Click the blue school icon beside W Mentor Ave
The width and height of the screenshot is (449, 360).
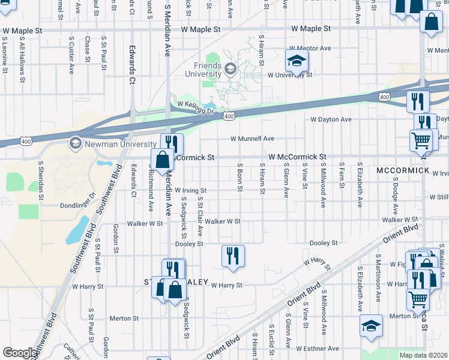tap(296, 61)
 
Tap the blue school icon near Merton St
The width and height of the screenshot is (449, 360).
tap(372, 327)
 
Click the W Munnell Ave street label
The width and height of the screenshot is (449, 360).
tap(253, 139)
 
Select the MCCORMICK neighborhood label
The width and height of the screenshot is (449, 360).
tap(403, 171)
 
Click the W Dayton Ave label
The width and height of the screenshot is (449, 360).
tap(331, 119)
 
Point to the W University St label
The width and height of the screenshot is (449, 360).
tap(290, 75)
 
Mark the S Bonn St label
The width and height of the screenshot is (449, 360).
tap(240, 178)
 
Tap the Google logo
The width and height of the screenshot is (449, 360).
tap(20, 353)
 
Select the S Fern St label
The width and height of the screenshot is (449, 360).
tap(341, 178)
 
